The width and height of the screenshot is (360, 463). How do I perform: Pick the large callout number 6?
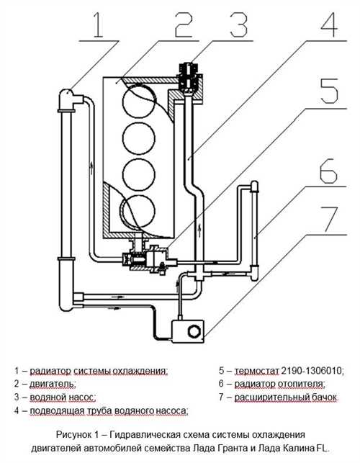click(328, 171)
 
